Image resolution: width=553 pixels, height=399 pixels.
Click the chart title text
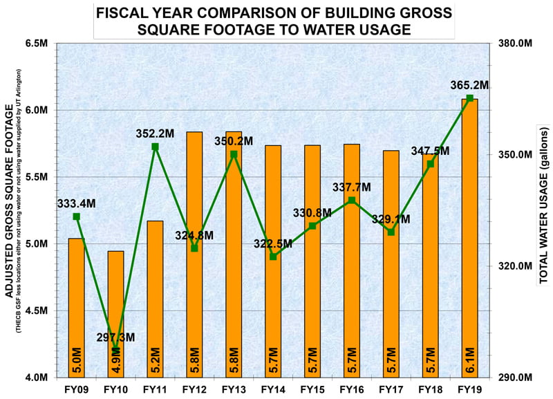[274, 21]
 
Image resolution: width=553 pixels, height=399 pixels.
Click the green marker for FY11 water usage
[155, 147]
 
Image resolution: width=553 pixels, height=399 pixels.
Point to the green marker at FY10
[115, 349]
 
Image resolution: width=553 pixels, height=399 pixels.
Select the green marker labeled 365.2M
[469, 98]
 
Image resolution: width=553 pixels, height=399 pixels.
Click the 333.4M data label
[76, 203]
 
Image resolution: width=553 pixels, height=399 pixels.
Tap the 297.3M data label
[115, 337]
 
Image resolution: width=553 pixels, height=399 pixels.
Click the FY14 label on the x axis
[273, 389]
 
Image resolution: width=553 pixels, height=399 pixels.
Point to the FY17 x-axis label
[391, 389]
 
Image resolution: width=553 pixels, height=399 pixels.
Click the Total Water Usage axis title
[543, 206]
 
